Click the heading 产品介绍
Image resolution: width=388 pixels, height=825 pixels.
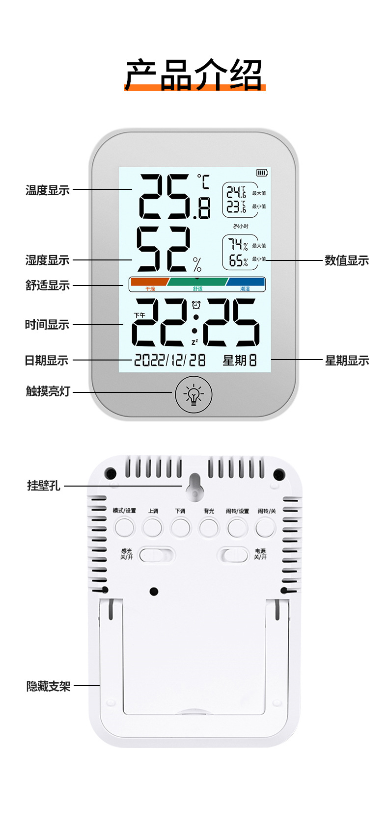coord(194,75)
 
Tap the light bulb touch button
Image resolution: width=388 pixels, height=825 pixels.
coord(194,393)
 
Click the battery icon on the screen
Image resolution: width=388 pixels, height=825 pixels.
coord(262,173)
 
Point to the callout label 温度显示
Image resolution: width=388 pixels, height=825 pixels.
coord(48,190)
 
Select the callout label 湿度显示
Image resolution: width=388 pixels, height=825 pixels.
coord(48,260)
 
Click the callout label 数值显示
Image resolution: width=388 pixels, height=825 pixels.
coord(346,260)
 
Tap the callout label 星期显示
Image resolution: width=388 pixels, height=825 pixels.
coord(347,361)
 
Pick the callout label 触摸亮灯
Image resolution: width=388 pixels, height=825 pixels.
coord(48,391)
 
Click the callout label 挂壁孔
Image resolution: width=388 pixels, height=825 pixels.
coord(44,486)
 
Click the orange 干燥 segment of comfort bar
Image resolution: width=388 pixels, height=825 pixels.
coord(149,282)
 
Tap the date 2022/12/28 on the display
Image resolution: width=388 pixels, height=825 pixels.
coord(170,360)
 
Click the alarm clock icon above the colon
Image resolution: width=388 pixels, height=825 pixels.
coord(196,305)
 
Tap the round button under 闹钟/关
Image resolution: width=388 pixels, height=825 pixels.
coord(265,528)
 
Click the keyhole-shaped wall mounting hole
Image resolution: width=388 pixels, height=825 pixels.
coord(195,484)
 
